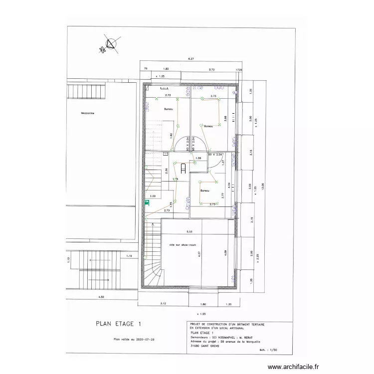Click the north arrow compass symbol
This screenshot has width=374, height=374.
109,45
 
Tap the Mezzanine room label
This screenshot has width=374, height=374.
87,113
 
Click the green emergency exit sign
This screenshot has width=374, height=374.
147,203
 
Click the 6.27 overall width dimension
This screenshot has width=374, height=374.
190,59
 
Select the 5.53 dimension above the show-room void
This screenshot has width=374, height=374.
189,232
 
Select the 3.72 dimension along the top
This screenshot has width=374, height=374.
211,70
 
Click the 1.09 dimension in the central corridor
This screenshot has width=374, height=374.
198,159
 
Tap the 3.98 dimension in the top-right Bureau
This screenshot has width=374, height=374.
226,118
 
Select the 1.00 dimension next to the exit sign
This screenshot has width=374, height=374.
153,196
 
